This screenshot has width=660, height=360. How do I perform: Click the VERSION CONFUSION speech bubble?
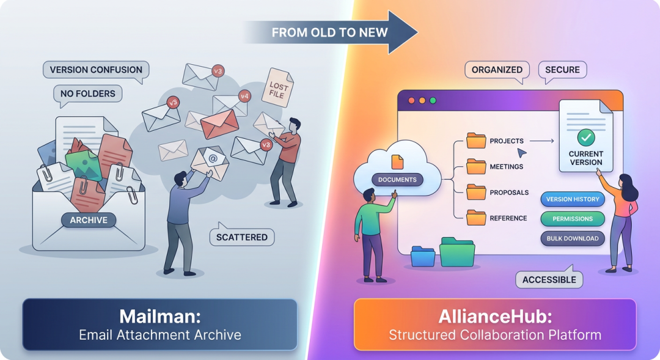(96, 70)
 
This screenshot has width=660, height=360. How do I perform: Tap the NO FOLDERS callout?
(87, 94)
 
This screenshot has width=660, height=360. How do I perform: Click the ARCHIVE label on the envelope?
(89, 220)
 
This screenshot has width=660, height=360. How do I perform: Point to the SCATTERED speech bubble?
(242, 237)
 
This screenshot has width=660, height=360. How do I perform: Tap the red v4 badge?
(244, 96)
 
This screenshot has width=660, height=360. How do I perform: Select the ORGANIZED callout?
(497, 70)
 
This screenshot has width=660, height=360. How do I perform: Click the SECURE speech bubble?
(562, 70)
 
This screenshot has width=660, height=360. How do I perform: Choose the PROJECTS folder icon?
(475, 141)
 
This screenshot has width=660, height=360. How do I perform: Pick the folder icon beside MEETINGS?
(475, 166)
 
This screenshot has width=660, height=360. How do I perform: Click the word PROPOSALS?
(509, 193)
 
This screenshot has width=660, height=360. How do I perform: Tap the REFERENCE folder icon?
(475, 218)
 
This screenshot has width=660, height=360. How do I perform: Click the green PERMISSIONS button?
(572, 219)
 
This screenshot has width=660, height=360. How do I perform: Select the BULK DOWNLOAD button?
(572, 238)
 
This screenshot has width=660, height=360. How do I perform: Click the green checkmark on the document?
(586, 136)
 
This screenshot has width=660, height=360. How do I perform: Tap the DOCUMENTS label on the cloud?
(397, 180)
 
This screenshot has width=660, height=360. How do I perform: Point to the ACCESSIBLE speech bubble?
(549, 280)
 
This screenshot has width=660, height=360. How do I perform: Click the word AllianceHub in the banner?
(494, 317)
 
